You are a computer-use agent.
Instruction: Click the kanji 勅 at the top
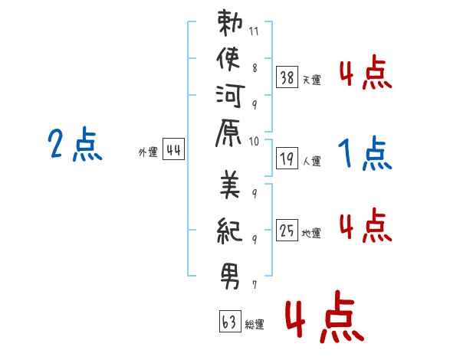[x=230, y=23]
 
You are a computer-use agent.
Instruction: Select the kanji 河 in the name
[x=230, y=97]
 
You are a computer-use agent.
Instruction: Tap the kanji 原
[x=228, y=133]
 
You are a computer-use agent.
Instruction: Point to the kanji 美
[x=230, y=185]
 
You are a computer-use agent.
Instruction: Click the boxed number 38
[x=287, y=77]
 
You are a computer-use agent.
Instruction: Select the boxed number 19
[x=287, y=159]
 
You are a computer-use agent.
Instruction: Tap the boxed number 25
[x=287, y=230]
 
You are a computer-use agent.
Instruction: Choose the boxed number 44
[x=174, y=149]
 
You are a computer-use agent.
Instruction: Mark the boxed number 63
[x=230, y=321]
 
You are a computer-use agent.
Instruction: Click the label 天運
[x=311, y=80]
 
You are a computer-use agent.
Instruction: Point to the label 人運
[x=311, y=161]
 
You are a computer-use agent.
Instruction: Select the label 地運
[x=311, y=233]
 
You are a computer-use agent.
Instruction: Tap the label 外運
[x=148, y=152]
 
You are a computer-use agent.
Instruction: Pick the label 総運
[x=255, y=324]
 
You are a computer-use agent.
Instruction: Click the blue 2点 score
[x=75, y=144]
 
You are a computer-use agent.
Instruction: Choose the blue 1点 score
[x=365, y=153]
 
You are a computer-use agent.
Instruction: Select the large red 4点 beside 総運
[x=325, y=317]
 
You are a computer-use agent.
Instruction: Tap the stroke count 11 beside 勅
[x=254, y=31]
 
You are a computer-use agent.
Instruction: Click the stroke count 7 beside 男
[x=254, y=285]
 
